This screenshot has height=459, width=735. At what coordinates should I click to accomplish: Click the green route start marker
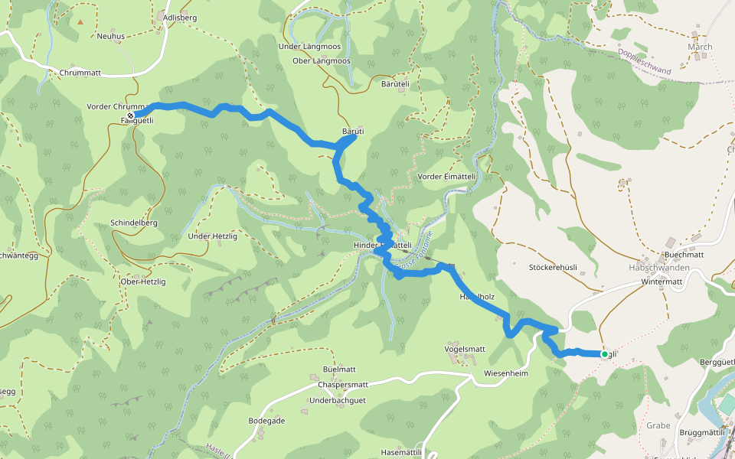604,354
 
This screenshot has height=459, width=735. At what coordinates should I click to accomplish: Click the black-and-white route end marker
130,116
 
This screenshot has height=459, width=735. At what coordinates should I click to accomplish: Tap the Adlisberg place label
181,16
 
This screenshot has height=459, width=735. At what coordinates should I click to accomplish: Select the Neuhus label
111,36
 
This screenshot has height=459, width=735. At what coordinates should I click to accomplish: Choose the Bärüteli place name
396,83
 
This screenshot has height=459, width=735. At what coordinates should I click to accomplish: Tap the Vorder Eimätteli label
447,177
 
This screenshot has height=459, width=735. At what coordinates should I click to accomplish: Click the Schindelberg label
134,222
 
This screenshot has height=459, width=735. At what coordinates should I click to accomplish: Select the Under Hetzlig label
213,236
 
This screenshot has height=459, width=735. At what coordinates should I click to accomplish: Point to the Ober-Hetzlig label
143,282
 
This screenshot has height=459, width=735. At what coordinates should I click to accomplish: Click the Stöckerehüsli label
553,268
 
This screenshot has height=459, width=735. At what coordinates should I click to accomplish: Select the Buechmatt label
684,255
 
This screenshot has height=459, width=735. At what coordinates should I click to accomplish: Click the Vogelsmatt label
465,349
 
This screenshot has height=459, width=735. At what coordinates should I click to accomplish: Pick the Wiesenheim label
506,373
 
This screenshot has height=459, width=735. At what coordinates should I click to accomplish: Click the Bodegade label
266,421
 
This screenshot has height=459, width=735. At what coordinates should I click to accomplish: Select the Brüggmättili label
702,433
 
